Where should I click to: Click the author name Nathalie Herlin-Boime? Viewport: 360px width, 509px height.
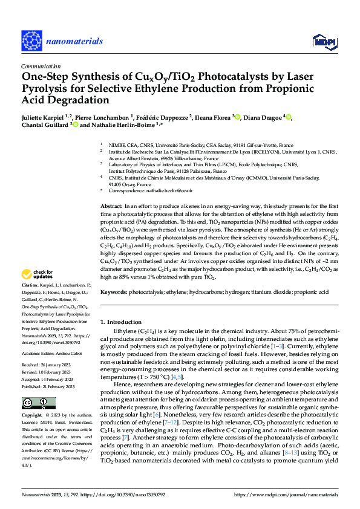coord(121,126)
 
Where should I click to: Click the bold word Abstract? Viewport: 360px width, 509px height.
coord(112,207)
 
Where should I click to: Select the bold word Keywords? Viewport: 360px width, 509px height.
coord(114,292)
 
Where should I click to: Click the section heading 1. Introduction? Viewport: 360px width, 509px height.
coord(122,322)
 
